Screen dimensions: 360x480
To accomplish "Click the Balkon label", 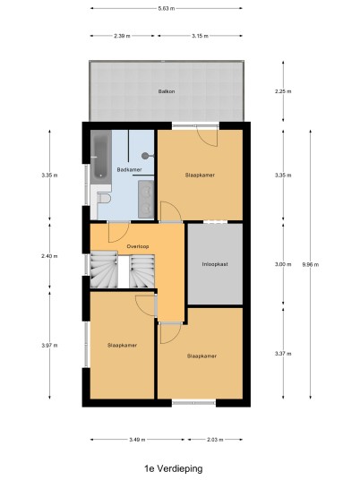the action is [x=167, y=91].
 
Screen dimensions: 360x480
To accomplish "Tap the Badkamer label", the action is [x=129, y=169].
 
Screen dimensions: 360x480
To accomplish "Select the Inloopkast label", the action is [x=215, y=264].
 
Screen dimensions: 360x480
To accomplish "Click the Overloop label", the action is [x=138, y=246].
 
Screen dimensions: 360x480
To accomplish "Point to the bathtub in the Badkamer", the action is [x=100, y=157].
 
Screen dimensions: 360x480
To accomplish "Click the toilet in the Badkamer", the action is [x=104, y=199].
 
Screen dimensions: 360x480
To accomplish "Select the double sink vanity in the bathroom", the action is [x=146, y=200].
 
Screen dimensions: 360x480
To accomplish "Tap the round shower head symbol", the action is [x=145, y=156].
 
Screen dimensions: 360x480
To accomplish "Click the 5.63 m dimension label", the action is [x=167, y=9].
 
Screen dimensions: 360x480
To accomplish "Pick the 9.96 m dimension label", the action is [x=311, y=264].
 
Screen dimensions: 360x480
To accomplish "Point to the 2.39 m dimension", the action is [x=122, y=36].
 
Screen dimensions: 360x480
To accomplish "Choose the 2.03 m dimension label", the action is [x=215, y=440].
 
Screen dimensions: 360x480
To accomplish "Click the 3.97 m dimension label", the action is [x=49, y=346].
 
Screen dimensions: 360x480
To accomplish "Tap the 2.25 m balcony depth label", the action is [x=283, y=91].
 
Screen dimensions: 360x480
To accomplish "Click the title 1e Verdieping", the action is [x=174, y=468].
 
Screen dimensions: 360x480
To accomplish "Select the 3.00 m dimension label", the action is [x=283, y=264].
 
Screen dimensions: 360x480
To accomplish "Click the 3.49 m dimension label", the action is [x=137, y=440].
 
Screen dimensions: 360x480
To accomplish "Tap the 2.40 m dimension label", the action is [x=49, y=256].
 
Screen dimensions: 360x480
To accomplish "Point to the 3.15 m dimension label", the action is [x=201, y=36].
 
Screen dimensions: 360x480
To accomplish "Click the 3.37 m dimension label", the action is [x=283, y=354].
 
